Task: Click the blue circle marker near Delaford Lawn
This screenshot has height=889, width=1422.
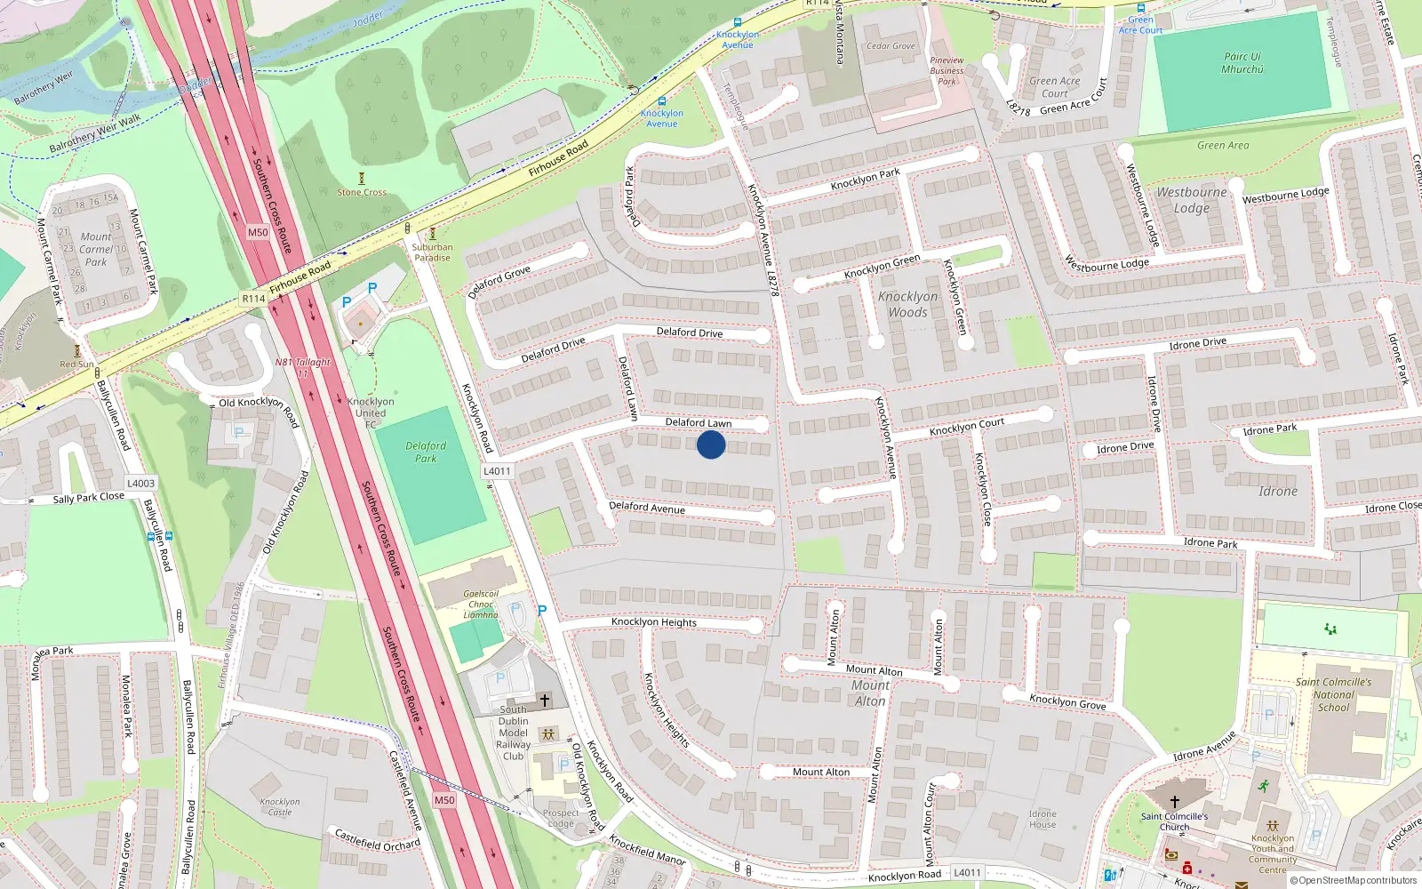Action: [x=711, y=444]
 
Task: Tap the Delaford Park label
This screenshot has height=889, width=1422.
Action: [x=426, y=453]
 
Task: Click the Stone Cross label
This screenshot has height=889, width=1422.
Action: [x=362, y=192]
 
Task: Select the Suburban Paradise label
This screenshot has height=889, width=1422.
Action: [x=432, y=252]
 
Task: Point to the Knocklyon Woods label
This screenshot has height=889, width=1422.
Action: [x=907, y=304]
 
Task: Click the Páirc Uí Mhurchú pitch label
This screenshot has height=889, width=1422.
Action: [x=1242, y=62]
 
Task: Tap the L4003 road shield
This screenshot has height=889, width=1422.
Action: [x=140, y=484]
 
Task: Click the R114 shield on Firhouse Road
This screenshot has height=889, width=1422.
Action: [x=253, y=299]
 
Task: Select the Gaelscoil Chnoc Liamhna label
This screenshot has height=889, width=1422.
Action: [x=481, y=604]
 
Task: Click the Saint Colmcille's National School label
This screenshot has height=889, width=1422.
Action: [x=1333, y=694]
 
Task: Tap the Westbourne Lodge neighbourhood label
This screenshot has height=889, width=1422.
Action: [x=1191, y=200]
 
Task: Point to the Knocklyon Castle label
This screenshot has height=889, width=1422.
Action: [x=280, y=806]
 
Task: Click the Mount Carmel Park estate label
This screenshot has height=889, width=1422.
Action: [x=96, y=249]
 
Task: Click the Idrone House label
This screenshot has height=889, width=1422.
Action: [x=1043, y=819]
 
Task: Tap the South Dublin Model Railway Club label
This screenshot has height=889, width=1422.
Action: [x=513, y=733]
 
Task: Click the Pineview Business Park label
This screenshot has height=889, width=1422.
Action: [x=947, y=71]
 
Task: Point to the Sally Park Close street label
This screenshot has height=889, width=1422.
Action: [x=88, y=498]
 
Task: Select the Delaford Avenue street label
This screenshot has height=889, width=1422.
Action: [x=647, y=508]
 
